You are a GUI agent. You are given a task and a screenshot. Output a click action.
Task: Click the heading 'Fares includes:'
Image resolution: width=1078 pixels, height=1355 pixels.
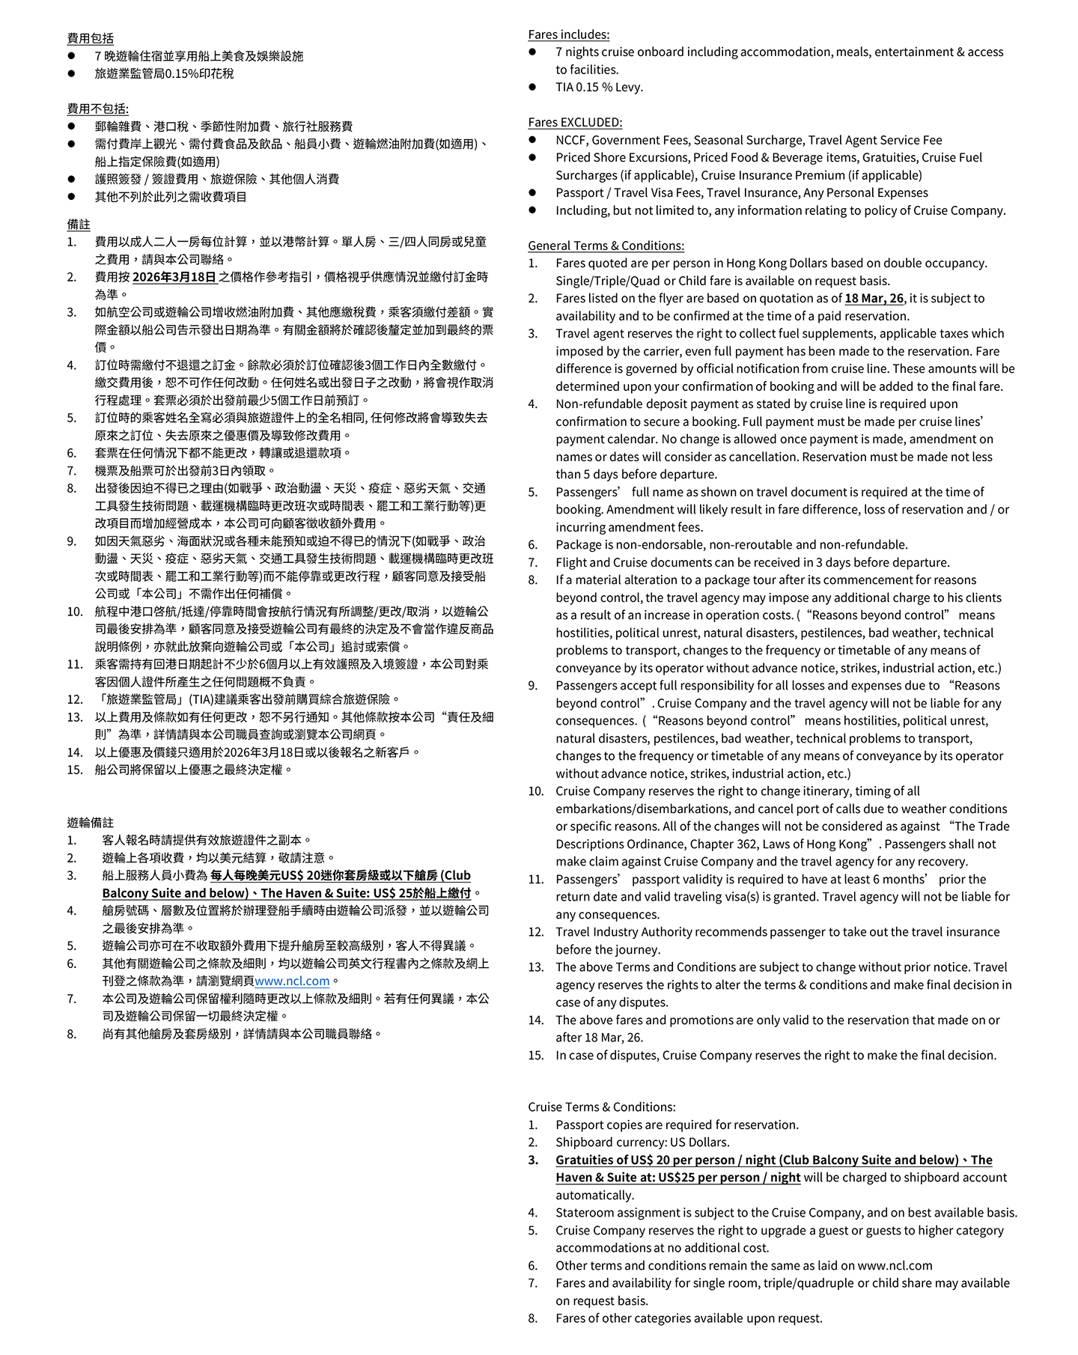coord(568,34)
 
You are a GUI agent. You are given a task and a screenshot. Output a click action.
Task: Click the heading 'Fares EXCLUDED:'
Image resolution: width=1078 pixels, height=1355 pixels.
coord(574,122)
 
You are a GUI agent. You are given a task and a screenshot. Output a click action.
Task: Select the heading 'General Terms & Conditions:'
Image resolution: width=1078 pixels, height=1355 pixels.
coord(606,246)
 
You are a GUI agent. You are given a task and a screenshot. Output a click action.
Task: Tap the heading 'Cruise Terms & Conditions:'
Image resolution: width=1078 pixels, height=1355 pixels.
coord(601,1106)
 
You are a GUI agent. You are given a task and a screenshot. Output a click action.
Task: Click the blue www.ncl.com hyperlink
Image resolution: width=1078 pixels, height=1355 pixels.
coord(292,981)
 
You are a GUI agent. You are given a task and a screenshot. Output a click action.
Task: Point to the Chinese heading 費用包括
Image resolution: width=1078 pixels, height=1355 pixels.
coord(90,38)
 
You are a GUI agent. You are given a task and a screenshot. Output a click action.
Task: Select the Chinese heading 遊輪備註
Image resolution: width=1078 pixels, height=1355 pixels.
coord(90,822)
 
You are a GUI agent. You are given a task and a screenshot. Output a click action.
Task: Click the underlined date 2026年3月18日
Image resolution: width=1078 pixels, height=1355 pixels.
coord(174,277)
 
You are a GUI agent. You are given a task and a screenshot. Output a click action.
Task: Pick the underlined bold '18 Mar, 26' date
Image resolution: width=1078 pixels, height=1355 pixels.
coord(874,298)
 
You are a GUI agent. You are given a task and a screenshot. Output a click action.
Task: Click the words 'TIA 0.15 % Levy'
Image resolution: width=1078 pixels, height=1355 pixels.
coord(599,87)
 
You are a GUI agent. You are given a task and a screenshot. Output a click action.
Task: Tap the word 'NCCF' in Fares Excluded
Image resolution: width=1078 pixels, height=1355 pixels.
coord(570,140)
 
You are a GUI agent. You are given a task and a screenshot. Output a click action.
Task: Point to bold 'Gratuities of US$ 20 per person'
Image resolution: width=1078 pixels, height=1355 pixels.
coord(648,1160)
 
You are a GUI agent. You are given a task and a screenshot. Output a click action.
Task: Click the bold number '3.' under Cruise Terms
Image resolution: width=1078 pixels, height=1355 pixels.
coord(533,1160)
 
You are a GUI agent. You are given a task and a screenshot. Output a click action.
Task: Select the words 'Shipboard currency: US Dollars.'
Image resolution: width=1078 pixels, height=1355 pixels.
coord(642,1142)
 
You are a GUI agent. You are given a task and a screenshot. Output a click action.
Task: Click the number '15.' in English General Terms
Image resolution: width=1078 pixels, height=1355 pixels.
coord(535,1055)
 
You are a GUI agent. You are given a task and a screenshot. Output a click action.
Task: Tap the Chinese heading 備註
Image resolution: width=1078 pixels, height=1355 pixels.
coord(79,224)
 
